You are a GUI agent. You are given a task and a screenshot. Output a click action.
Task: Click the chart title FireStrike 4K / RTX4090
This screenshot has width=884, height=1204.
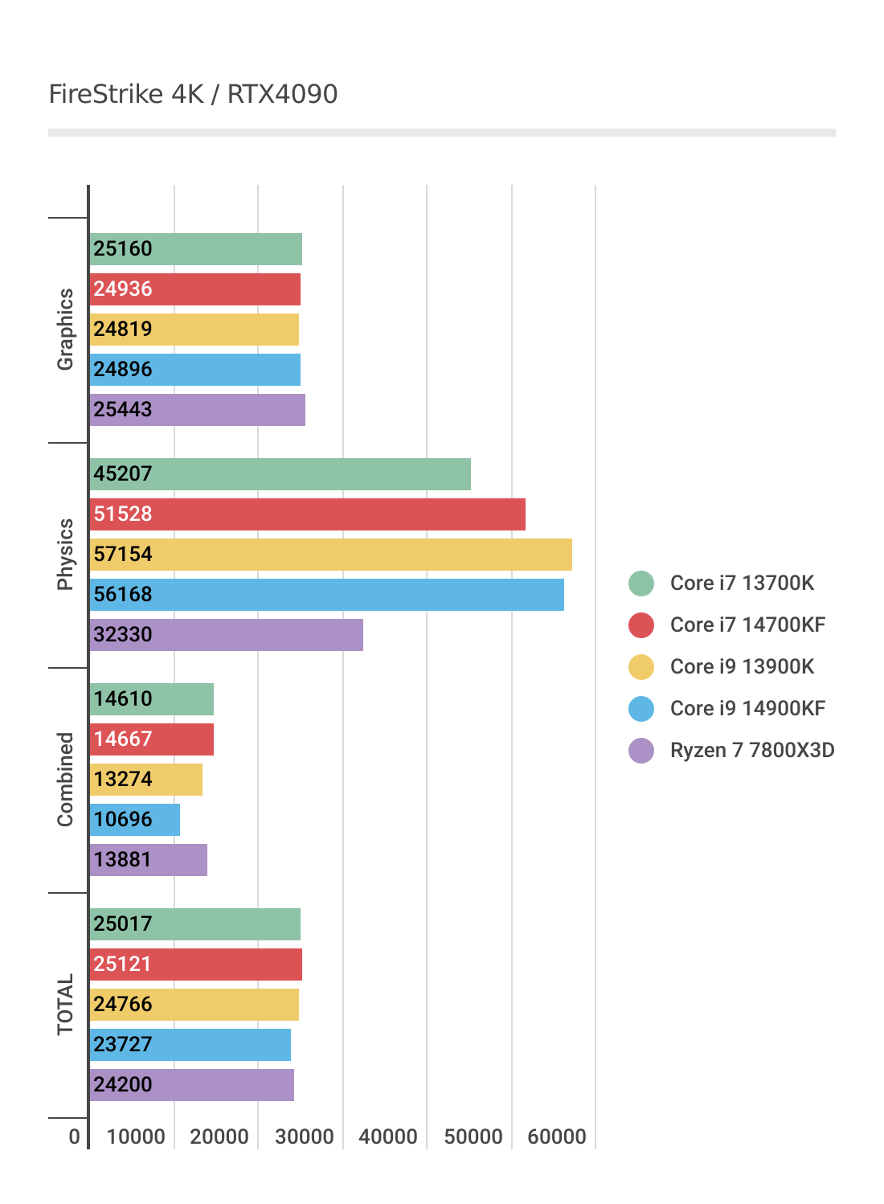(193, 94)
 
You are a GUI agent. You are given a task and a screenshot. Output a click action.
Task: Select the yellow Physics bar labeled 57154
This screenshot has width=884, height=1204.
(331, 555)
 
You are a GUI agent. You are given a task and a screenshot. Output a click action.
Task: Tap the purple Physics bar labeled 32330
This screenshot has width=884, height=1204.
(227, 635)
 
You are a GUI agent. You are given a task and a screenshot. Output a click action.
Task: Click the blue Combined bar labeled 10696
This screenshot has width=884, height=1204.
(135, 820)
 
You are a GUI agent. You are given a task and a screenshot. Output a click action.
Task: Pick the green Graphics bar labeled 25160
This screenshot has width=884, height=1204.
(196, 249)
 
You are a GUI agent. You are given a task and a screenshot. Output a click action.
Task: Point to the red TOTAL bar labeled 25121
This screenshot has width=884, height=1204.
(196, 964)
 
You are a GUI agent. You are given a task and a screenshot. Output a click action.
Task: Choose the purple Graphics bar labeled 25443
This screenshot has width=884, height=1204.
(198, 410)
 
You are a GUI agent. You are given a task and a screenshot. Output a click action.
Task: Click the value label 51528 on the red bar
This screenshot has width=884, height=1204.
(123, 514)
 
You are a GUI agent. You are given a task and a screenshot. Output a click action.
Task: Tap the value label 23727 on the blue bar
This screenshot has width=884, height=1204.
(123, 1045)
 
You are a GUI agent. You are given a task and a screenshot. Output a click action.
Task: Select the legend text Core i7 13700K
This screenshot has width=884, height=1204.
(742, 583)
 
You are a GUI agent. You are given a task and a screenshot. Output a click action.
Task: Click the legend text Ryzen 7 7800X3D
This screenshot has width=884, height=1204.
(752, 750)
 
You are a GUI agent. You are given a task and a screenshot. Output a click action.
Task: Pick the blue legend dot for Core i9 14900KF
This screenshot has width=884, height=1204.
(641, 708)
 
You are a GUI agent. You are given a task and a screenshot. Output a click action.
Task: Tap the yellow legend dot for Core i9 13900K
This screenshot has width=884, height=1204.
(641, 666)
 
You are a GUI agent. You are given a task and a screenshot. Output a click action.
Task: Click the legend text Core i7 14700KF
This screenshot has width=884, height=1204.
(747, 625)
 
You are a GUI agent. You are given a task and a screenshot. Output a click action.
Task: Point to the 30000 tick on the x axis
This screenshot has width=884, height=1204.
(305, 1136)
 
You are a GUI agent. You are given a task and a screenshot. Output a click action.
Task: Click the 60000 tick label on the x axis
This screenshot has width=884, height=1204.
(557, 1136)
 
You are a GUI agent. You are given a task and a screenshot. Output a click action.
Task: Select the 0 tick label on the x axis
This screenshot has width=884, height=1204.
(75, 1136)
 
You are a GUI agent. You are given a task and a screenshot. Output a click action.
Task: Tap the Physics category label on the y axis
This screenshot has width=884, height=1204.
(65, 555)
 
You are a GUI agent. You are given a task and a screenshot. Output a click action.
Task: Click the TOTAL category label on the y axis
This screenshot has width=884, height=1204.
(65, 1005)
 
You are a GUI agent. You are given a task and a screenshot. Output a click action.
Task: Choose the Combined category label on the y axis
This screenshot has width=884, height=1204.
(65, 780)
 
